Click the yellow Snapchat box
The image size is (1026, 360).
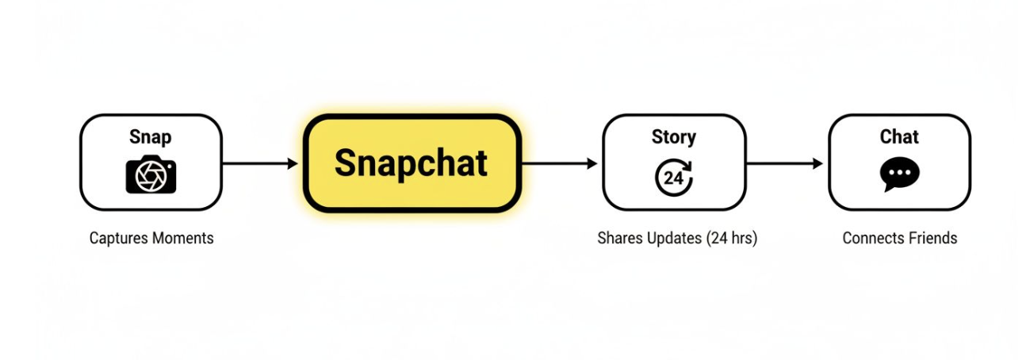point(412,163)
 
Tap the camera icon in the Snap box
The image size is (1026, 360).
point(151,174)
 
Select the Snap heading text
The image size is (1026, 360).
point(150,137)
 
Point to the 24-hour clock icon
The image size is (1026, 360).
point(674,178)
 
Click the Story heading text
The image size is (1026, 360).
point(674,137)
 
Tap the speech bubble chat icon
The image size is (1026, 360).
point(899,174)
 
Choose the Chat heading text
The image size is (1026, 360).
point(899,136)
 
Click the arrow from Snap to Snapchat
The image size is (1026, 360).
point(260,163)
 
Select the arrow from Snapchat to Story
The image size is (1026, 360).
point(560,163)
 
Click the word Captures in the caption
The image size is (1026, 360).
point(119,238)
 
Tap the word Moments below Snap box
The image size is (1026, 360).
point(182,238)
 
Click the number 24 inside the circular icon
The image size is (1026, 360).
point(673,178)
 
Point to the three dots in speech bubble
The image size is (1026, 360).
point(900,173)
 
